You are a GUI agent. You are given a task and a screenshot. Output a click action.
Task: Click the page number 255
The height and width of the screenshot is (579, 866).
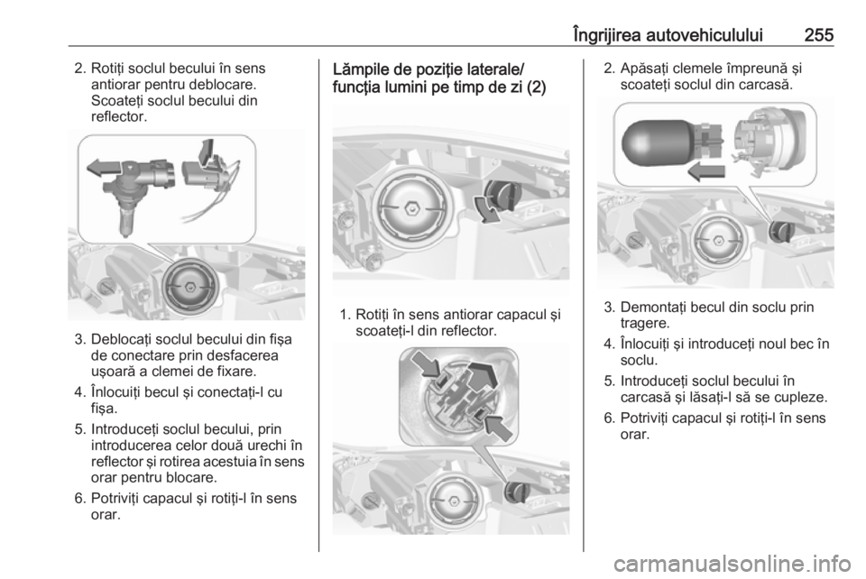(x=816, y=34)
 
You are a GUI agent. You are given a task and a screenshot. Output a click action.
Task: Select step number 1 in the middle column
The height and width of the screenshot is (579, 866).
(x=346, y=314)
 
